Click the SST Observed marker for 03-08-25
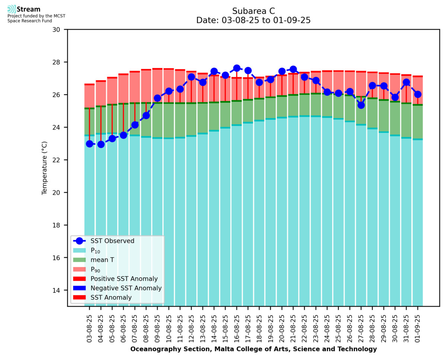(89, 144)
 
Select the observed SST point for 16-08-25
(237, 68)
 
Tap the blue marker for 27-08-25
(361, 105)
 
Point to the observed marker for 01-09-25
(418, 94)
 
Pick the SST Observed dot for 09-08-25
(157, 98)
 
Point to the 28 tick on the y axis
(60, 62)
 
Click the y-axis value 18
(60, 225)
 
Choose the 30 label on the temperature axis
(60, 29)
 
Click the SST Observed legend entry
(112, 241)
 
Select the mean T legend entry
(102, 260)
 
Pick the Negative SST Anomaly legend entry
(126, 288)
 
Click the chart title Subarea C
(253, 11)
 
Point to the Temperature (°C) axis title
(45, 168)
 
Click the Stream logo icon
(12, 9)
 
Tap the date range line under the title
(253, 20)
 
